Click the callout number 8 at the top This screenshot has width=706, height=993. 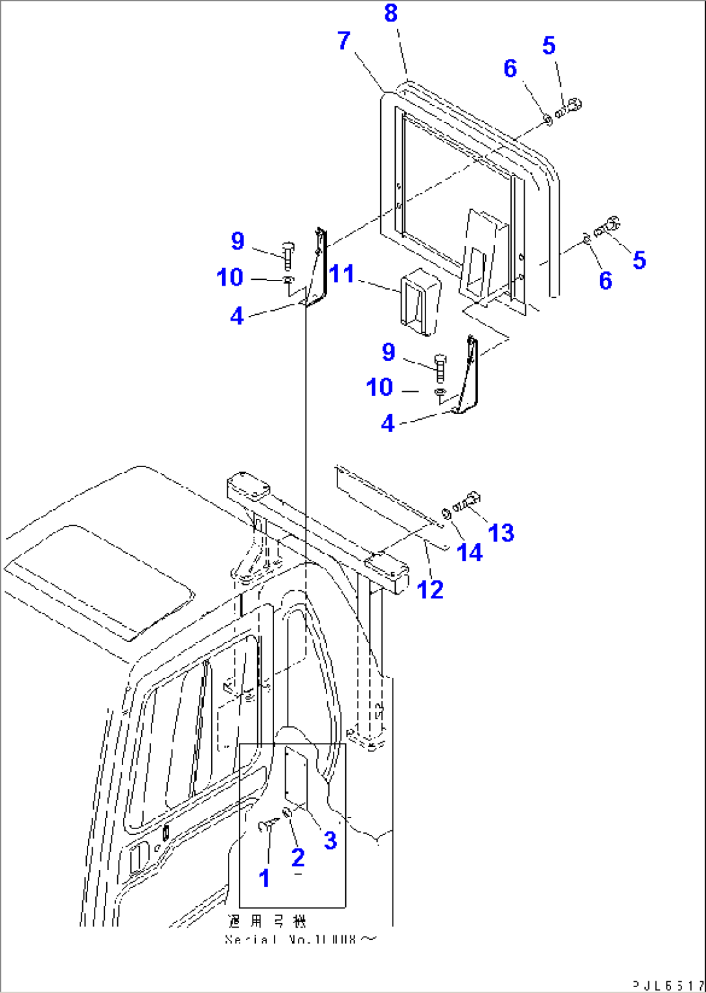coord(391,13)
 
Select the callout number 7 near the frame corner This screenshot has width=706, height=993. coord(344,41)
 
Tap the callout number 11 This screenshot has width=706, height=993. coord(341,274)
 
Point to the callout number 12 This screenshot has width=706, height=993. coord(430,589)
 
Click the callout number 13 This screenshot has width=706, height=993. coord(501,533)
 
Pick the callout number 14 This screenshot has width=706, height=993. coord(470,552)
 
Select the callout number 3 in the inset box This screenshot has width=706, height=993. coord(330,840)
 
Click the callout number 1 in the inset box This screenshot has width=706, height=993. coord(264,878)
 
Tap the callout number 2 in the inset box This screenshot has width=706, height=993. coord(298,858)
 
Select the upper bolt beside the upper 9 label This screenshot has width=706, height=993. coord(288,256)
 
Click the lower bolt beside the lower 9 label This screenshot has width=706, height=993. coord(440,367)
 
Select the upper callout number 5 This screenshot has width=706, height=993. coord(549,45)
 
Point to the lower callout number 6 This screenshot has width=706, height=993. coord(605,280)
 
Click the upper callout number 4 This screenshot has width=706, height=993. coord(237,316)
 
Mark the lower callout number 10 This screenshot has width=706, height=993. coord(380,387)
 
